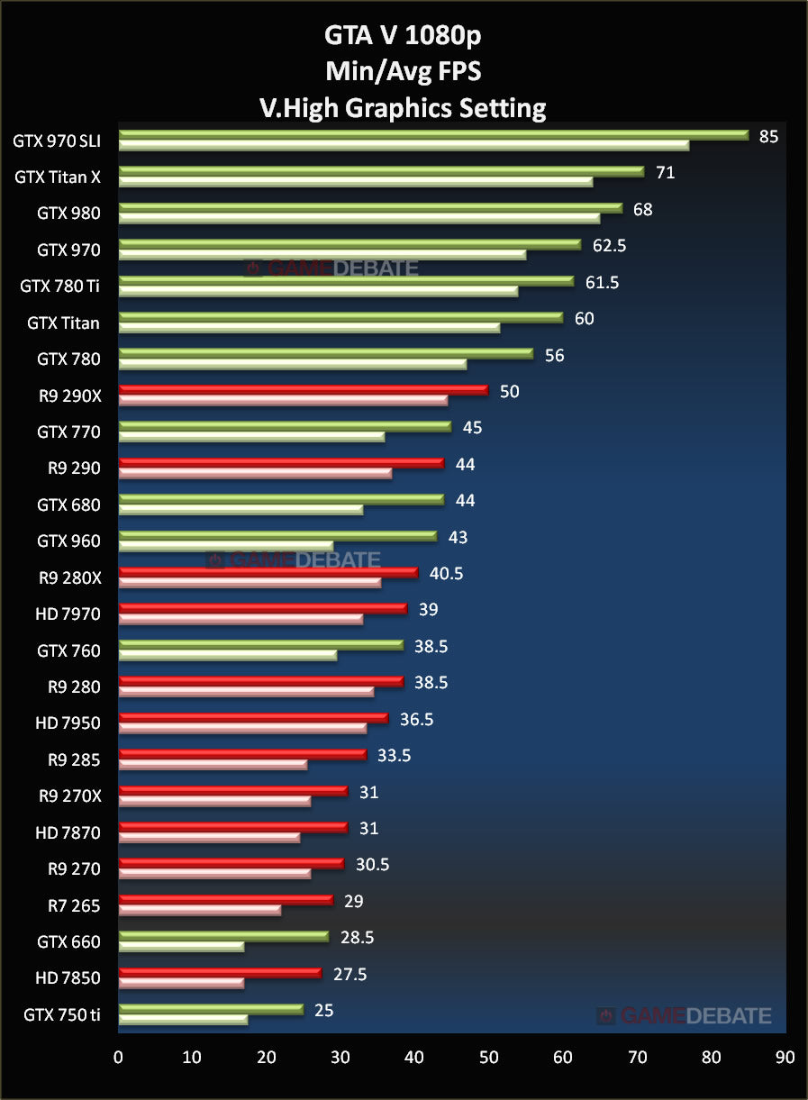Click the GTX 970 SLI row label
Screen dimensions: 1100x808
[55, 141]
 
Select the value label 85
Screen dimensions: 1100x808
[768, 137]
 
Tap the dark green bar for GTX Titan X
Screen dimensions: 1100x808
[381, 171]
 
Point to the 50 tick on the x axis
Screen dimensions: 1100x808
[488, 1057]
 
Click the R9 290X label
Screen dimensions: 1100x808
[68, 395]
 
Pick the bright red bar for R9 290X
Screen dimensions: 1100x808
[303, 390]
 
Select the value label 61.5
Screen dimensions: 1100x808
[602, 283]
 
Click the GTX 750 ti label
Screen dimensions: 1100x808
[62, 1015]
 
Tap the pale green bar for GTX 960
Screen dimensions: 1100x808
[225, 546]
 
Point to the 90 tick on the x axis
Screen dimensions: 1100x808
[785, 1057]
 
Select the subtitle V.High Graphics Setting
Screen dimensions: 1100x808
[403, 109]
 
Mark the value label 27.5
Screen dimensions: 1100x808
[349, 975]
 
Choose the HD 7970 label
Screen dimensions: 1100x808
[68, 614]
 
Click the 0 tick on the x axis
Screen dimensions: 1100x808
[118, 1057]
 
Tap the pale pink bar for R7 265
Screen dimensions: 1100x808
[199, 911]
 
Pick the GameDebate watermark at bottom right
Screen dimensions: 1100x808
[684, 1016]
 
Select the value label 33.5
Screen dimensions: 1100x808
[394, 756]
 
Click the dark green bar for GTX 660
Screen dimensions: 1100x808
[223, 936]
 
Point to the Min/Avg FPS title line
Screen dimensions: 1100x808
[403, 72]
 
